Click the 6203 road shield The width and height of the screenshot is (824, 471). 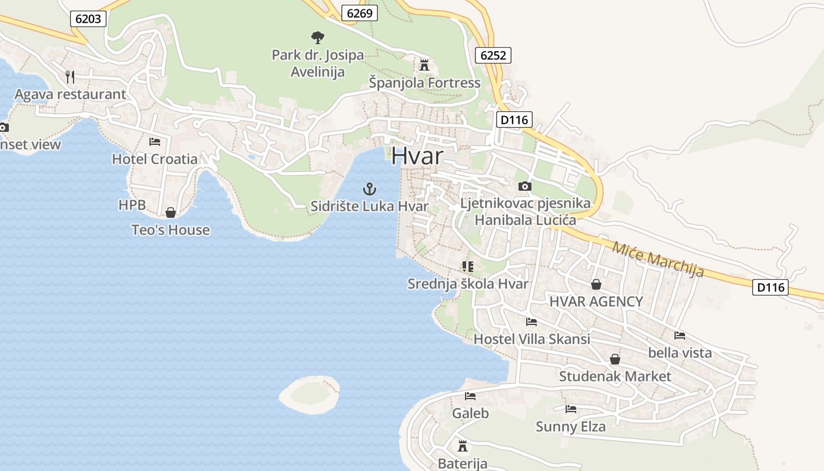[x=88, y=19]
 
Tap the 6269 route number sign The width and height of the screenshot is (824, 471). [x=360, y=13]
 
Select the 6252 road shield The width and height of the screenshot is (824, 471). [x=493, y=55]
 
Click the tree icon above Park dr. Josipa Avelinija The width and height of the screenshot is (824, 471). [x=318, y=38]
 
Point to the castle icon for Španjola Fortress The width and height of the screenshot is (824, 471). [x=424, y=65]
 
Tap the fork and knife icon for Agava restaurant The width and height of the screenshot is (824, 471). [x=70, y=77]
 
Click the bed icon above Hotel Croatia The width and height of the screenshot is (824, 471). [x=155, y=142]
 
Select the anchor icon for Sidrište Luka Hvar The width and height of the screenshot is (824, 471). [x=369, y=189]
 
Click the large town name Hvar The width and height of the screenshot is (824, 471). [x=417, y=156]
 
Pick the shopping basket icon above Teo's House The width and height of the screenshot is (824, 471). [x=171, y=213]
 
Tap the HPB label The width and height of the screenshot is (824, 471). [x=132, y=205]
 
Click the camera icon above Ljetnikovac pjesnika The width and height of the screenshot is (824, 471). [x=524, y=187]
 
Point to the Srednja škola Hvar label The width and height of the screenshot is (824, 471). [x=468, y=284]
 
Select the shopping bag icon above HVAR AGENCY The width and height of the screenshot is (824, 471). [x=596, y=284]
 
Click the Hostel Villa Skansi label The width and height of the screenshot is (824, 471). [x=531, y=339]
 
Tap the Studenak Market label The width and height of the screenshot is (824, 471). [x=615, y=376]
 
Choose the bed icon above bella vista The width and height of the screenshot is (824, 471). [x=680, y=336]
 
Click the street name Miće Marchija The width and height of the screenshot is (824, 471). [x=658, y=259]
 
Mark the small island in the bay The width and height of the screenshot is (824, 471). [x=310, y=394]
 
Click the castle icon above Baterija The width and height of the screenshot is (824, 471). [x=463, y=446]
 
